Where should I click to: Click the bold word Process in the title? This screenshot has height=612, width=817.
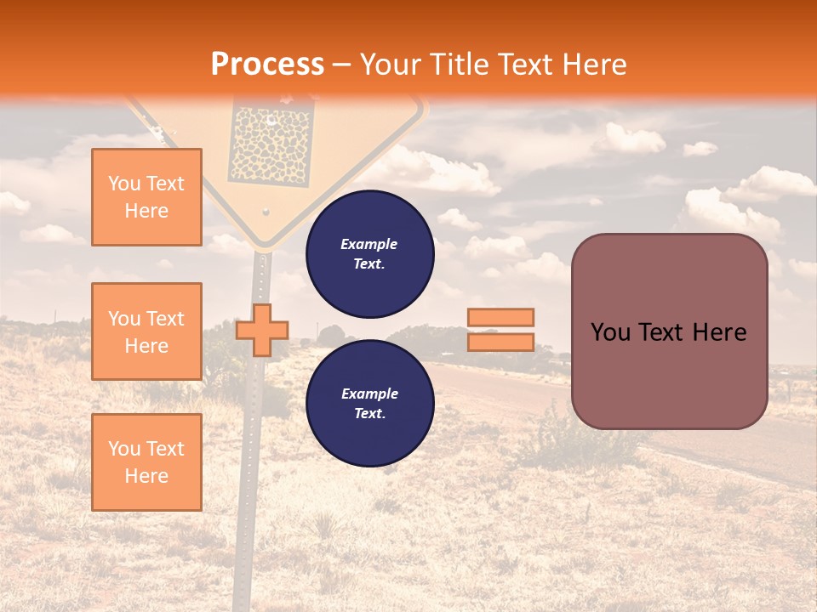(267, 64)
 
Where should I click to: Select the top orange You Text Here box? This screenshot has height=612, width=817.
(146, 197)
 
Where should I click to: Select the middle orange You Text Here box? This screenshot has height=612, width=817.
(146, 331)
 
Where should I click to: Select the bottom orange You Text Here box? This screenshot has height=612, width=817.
(146, 462)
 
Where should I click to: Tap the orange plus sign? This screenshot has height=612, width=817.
(262, 330)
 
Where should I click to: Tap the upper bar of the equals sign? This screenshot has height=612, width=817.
(500, 317)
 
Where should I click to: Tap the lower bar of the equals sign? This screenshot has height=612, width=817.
(500, 342)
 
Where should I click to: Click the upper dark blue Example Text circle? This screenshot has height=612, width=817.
(369, 253)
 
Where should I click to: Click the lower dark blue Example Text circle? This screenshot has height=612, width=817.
(369, 403)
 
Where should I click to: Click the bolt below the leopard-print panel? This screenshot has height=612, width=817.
(266, 210)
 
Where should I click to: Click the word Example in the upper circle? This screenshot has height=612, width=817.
(369, 244)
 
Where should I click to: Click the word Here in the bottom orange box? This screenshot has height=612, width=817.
(146, 476)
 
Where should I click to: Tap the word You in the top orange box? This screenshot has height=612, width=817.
(124, 184)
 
